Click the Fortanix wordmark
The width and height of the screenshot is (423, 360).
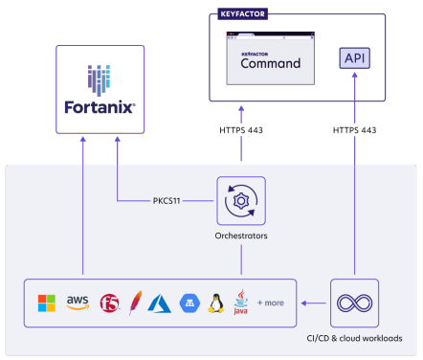(x=100, y=107)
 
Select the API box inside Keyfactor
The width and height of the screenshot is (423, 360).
(x=354, y=58)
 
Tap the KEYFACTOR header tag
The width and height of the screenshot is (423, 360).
(x=242, y=14)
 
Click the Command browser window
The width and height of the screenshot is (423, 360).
(x=271, y=58)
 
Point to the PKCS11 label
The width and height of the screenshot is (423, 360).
(x=167, y=201)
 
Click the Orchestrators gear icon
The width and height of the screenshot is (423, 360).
(x=241, y=201)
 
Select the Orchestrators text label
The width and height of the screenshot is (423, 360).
(x=241, y=236)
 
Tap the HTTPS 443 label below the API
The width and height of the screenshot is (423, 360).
(x=354, y=130)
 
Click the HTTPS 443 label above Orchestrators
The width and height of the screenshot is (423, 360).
(x=241, y=130)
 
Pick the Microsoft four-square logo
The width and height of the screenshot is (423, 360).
(x=47, y=303)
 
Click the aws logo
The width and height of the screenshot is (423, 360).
(x=78, y=303)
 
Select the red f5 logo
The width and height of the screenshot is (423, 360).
(x=109, y=303)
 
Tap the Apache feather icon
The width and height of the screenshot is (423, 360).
(x=135, y=303)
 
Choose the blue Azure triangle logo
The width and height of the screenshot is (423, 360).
(x=159, y=304)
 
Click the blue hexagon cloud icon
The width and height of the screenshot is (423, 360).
(x=189, y=304)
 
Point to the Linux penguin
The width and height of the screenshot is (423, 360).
(x=216, y=304)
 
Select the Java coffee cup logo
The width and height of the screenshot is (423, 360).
(x=240, y=303)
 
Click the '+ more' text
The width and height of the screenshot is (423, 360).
(x=271, y=303)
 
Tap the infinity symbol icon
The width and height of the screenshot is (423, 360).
(x=354, y=303)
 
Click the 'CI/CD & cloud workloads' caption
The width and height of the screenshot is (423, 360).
(x=354, y=338)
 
